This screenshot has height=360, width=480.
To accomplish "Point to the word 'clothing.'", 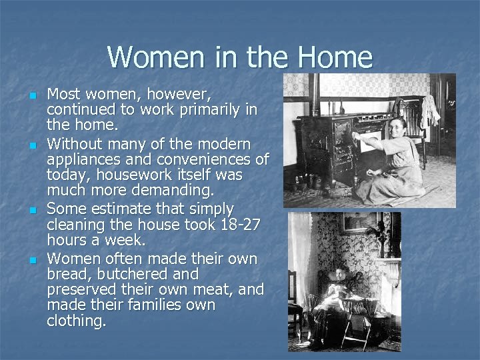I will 77,321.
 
